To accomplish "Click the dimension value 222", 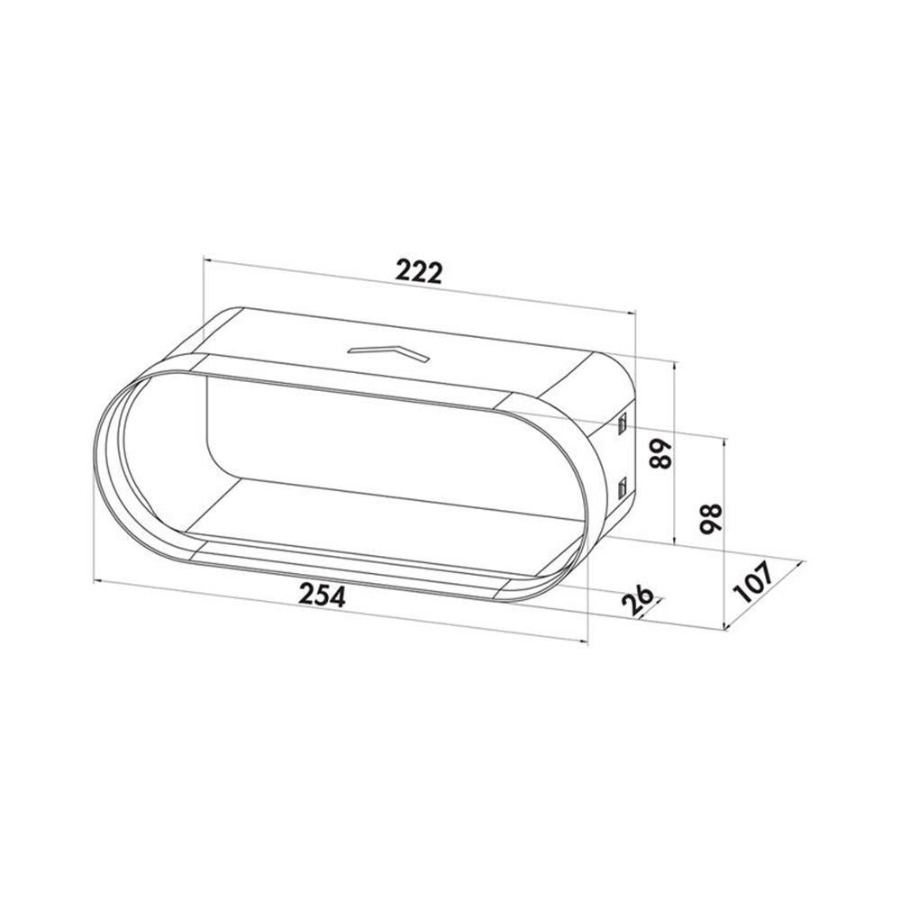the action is point(420,272).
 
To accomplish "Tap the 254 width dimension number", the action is point(323,596).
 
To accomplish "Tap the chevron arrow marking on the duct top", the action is point(388,354).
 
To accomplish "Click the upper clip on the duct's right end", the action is point(623,424).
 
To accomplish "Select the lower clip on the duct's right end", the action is point(623,487).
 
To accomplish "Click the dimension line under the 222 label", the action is point(420,286).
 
